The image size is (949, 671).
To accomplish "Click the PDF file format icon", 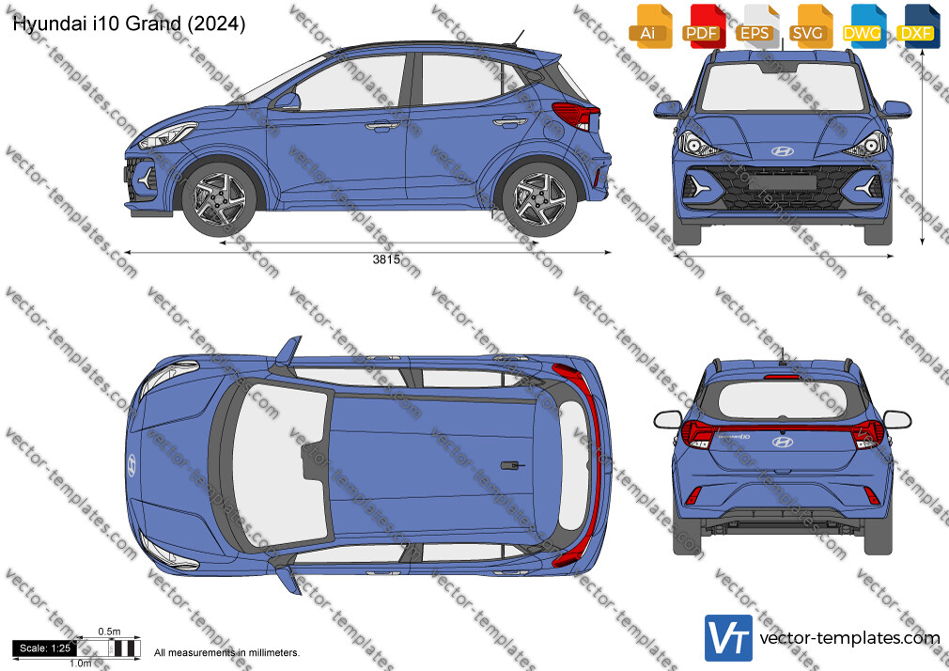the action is coord(704,26).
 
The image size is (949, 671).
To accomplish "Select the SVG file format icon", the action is coord(810,26).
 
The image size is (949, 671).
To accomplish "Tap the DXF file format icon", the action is coord(918,26).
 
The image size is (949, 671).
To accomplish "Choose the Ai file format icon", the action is coord(650,26).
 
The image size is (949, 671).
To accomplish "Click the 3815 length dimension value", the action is coord(386,259).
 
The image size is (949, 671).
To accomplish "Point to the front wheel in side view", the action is coord(219,198).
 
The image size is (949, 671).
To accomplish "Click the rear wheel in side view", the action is coord(539,198).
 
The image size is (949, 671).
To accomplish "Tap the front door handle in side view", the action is coord(381,126).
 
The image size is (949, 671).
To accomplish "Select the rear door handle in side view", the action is coord(510,122).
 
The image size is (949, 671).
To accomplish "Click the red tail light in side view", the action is coord(576,115).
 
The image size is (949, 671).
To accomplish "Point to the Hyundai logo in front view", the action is coord(782,150).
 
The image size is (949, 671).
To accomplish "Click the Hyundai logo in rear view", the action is coord(782,442).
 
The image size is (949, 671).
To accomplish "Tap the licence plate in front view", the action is coord(782,181).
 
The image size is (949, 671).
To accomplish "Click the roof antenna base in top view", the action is coord(512,466).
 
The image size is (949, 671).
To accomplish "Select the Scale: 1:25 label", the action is coord(45,648).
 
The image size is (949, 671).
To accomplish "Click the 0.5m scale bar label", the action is coord(110,632).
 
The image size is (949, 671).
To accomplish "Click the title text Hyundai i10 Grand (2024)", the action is coord(129,23).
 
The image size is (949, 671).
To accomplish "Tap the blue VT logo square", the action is coord(729,638).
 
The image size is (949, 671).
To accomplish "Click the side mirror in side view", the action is coord(287,101).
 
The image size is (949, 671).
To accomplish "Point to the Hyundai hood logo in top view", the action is coord(132,465).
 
